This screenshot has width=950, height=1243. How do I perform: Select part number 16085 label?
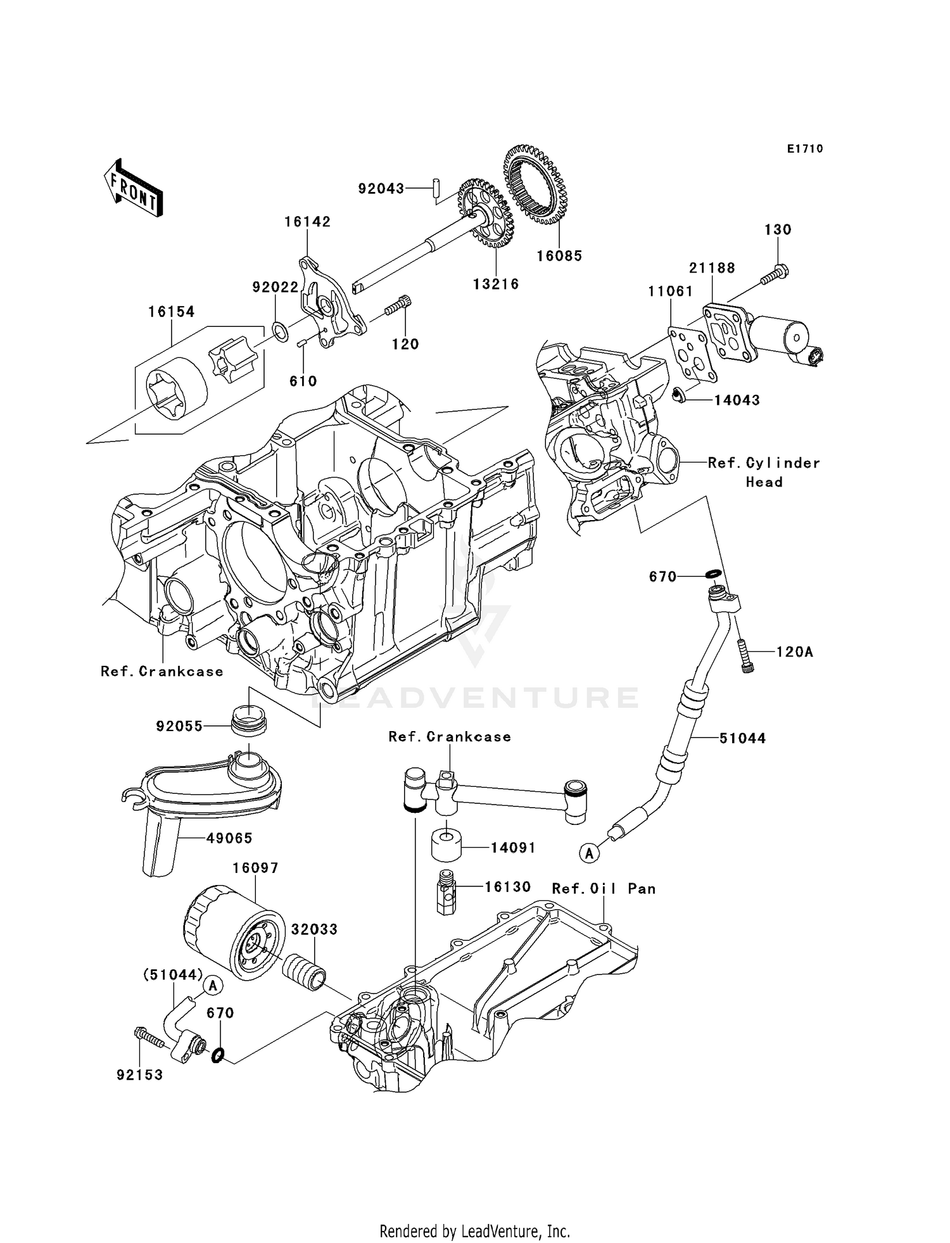coord(559,256)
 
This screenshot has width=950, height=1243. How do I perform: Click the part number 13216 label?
coord(496,284)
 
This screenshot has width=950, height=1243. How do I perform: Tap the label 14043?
coord(737,400)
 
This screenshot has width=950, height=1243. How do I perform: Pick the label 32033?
coord(314,929)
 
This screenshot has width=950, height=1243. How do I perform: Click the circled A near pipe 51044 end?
coord(590,853)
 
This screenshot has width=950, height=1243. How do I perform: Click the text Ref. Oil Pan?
coord(604,889)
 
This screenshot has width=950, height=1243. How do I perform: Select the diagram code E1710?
coord(805,149)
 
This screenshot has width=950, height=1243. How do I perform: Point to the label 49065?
coord(229,838)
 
